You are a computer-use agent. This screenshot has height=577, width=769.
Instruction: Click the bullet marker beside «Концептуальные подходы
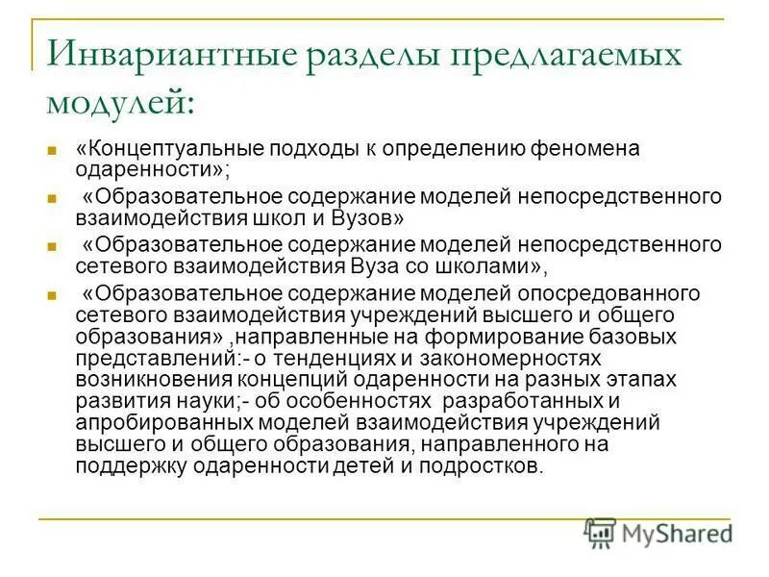tap(54, 151)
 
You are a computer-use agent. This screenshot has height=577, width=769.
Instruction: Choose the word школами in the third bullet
tap(477, 266)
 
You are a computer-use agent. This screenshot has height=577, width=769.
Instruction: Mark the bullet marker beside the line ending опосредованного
tap(54, 294)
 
